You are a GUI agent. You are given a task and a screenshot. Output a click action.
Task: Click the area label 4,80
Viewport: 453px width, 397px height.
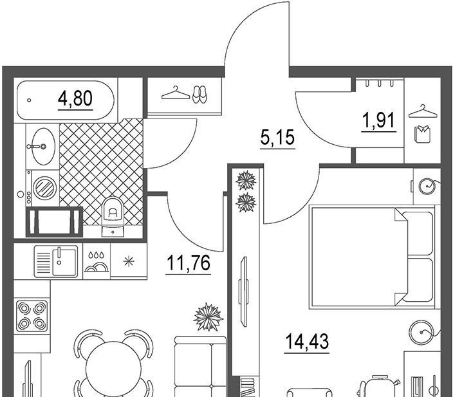pyautogui.click(x=75, y=98)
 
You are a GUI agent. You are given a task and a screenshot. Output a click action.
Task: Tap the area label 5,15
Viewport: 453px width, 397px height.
pyautogui.click(x=277, y=137)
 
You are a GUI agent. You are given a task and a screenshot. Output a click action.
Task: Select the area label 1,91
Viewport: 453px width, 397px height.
pyautogui.click(x=379, y=120)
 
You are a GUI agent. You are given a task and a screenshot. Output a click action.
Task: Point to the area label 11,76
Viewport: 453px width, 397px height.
pyautogui.click(x=188, y=263)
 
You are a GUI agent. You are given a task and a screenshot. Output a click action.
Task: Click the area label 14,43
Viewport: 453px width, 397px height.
pyautogui.click(x=307, y=341)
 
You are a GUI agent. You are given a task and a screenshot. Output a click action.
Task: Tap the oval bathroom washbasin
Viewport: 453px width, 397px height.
pyautogui.click(x=43, y=147)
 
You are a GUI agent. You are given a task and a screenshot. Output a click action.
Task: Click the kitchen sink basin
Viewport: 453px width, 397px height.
pyautogui.click(x=64, y=261)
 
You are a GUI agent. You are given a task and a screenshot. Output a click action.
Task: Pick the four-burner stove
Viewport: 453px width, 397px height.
pyautogui.click(x=32, y=316)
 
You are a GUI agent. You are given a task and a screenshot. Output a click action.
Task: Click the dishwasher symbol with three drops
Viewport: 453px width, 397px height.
pyautogui.click(x=97, y=262)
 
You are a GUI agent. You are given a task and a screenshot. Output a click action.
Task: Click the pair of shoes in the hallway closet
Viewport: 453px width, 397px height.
pyautogui.click(x=199, y=94)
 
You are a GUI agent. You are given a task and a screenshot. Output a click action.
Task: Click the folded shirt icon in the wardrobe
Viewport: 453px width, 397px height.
pyautogui.click(x=423, y=134)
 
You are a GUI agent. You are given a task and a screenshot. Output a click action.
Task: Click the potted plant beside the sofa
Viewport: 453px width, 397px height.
pyautogui.click(x=208, y=317)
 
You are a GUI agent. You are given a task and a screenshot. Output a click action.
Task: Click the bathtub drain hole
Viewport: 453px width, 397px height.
pyautogui.click(x=29, y=100)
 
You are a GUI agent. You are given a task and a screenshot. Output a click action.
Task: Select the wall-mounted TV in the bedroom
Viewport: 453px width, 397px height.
pyautogui.click(x=243, y=292)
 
